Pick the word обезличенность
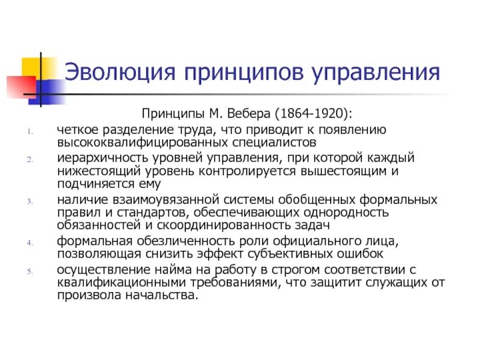[x=173, y=241]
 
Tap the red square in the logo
[x=18, y=86]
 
